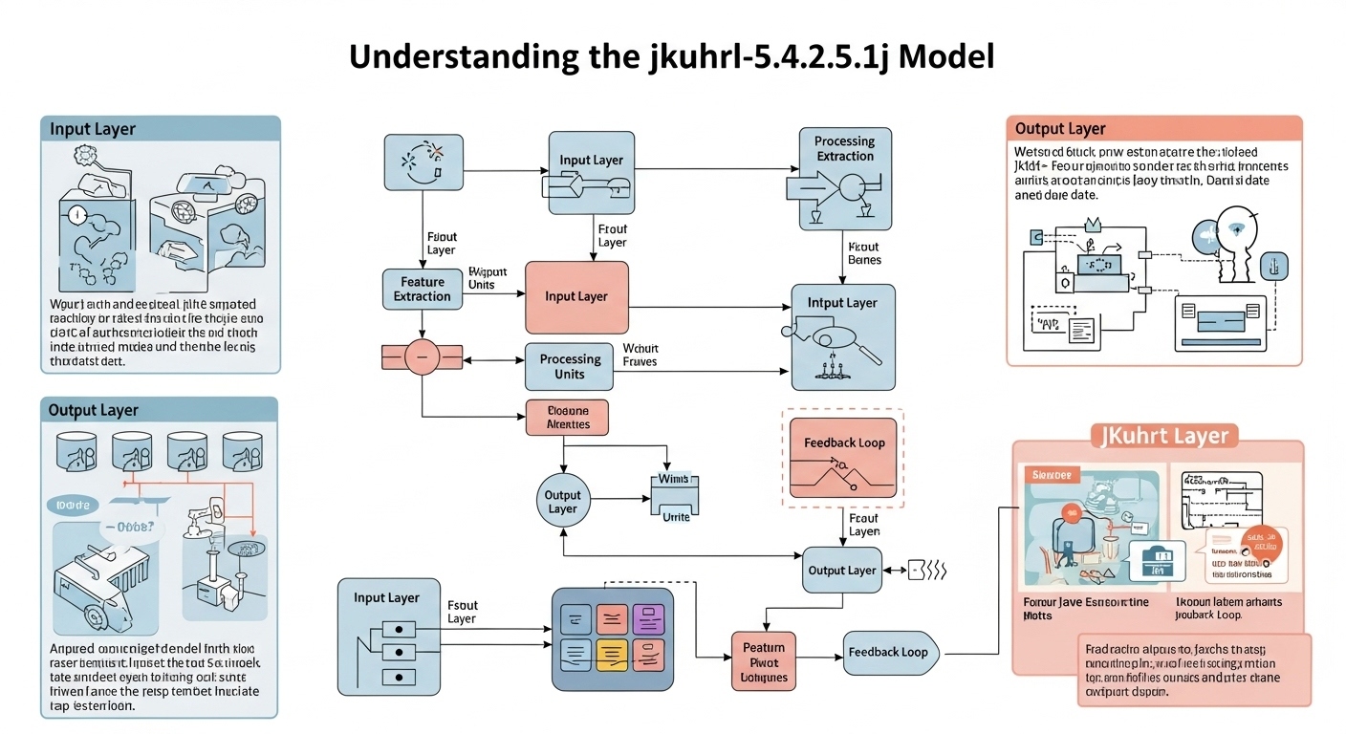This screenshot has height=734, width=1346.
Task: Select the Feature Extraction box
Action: coord(422,290)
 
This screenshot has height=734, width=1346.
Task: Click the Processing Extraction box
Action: coord(844,180)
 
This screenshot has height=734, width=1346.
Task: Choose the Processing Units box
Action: coord(570,367)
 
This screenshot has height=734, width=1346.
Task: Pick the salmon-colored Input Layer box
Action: coord(576,297)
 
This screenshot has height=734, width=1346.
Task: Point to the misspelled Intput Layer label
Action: coord(843,303)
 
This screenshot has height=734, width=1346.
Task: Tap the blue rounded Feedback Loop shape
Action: coord(890,653)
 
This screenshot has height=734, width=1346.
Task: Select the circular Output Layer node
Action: coord(562,502)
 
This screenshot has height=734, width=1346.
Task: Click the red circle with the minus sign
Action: coord(422,357)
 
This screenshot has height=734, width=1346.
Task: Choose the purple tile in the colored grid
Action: coord(647,618)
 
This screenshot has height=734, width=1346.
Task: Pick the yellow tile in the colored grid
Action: coord(611,654)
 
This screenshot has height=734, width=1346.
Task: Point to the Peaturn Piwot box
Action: coord(763,662)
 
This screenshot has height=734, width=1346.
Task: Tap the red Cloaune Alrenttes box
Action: coord(567,417)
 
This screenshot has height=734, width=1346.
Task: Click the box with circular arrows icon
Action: coord(423,161)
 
